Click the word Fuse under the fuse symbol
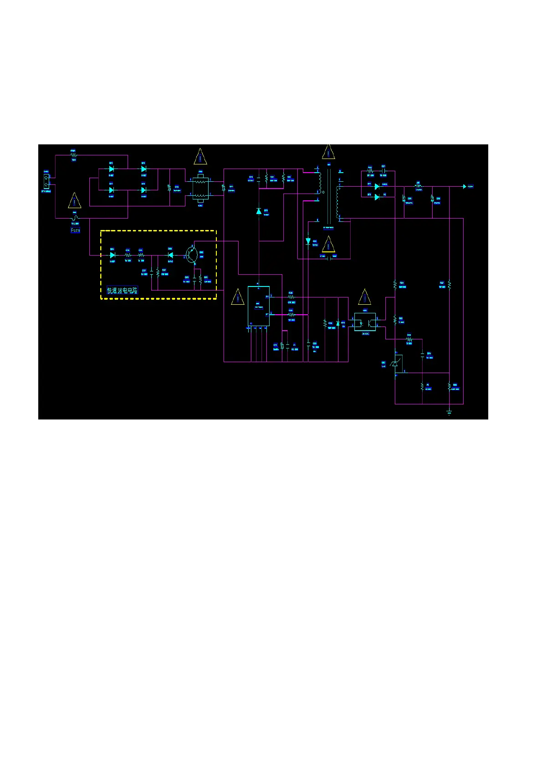pos(76,230)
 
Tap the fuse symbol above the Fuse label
pos(75,218)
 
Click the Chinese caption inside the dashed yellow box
pos(122,291)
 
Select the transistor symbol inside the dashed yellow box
pos(191,255)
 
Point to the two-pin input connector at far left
pos(46,181)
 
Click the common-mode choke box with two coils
pos(200,188)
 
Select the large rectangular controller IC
pos(258,306)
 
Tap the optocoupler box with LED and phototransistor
pos(365,322)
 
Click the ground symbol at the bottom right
pos(449,412)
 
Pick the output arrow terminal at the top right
pos(465,186)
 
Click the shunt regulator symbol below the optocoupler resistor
pos(395,363)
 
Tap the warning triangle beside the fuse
pos(74,201)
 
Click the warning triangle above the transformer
pos(328,152)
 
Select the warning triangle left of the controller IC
pos(238,297)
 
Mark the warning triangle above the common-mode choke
pos(200,157)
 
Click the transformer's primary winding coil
pos(320,182)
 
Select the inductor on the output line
pos(418,186)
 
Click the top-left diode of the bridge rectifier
pos(111,169)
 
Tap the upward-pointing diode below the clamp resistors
pos(259,211)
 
